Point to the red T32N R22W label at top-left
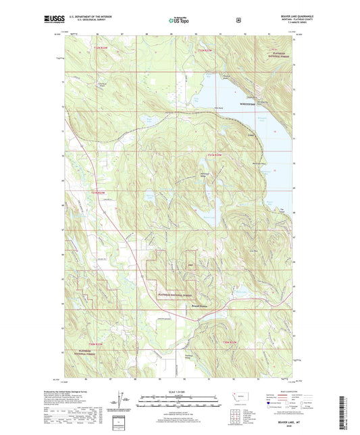[x=100, y=49]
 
